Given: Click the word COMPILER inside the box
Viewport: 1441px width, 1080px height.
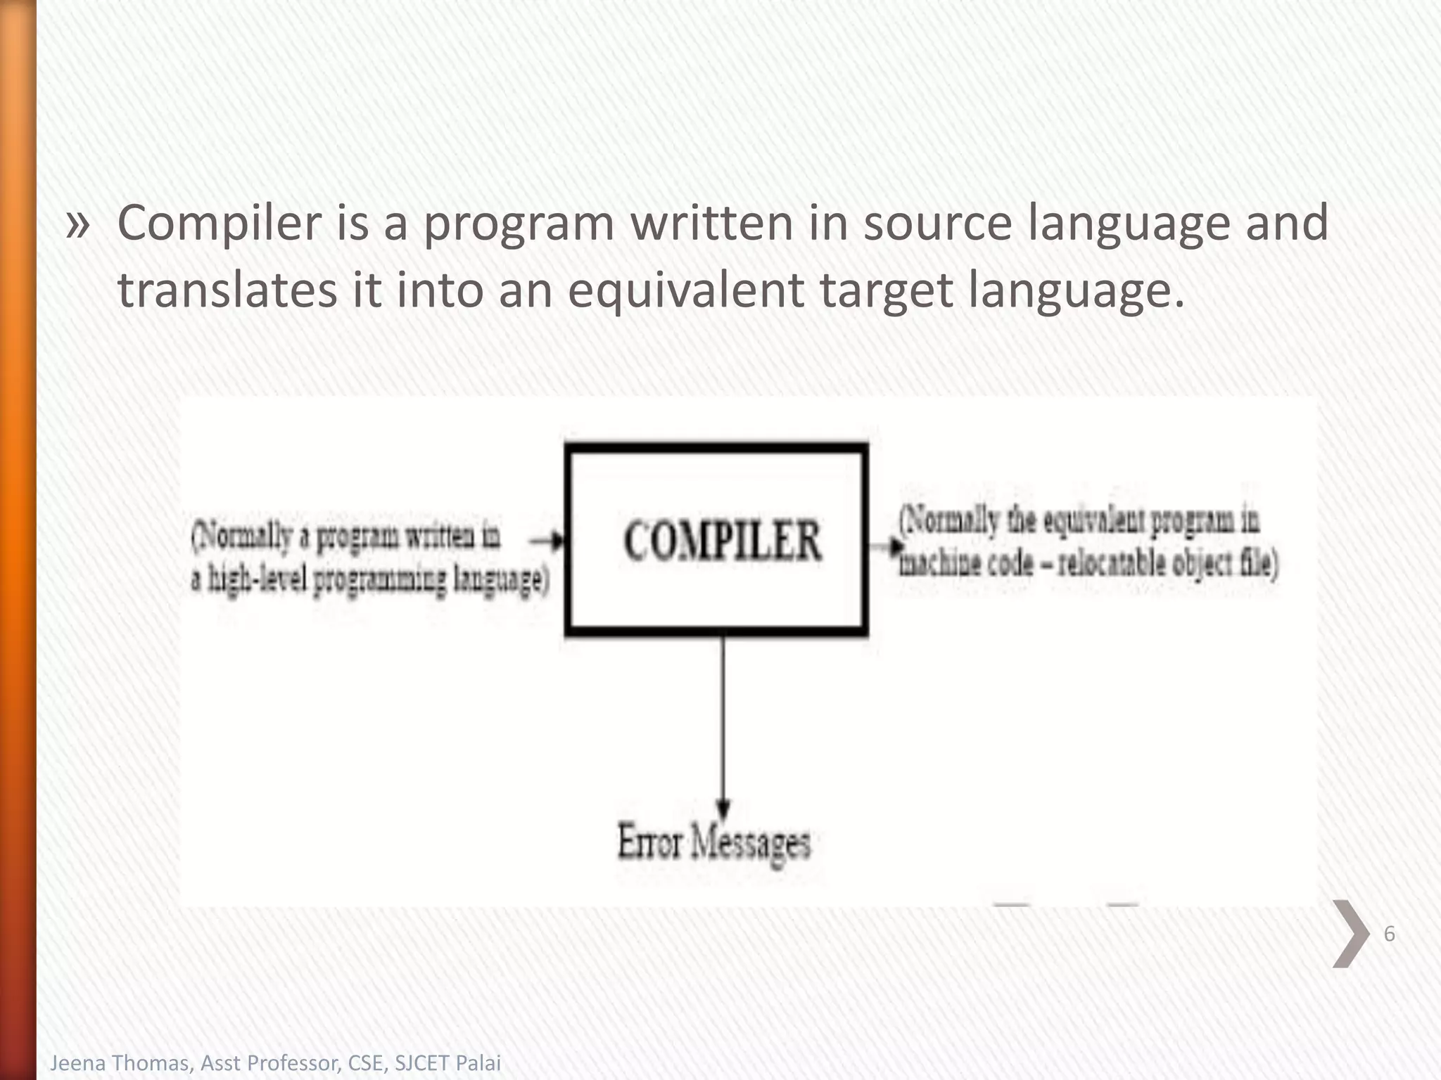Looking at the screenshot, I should tap(722, 541).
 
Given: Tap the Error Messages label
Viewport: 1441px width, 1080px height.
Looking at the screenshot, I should tap(713, 842).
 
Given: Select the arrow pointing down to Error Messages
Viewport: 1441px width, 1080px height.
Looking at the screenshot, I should tap(723, 724).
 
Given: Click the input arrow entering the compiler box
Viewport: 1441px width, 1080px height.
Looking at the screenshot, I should tap(547, 540).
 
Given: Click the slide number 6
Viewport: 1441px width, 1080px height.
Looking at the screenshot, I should tap(1389, 934).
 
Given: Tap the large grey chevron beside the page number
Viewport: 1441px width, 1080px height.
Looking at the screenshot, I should tap(1350, 934).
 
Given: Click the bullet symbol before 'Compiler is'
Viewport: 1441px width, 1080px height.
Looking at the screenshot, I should tap(78, 224).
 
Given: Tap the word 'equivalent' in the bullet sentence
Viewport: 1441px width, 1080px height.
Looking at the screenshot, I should tap(685, 290).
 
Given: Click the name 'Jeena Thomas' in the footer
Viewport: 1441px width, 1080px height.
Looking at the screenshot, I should tap(120, 1062).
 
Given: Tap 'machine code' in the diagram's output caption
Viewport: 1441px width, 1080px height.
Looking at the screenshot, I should tap(966, 563).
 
